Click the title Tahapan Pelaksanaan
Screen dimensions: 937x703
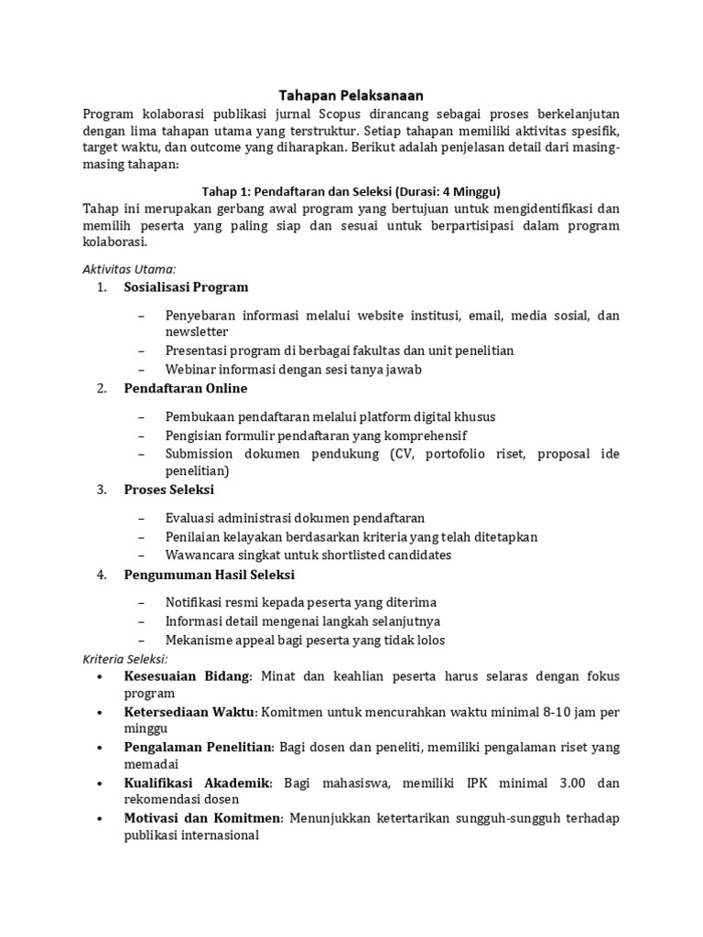(351, 94)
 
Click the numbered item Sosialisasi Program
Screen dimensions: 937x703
(186, 287)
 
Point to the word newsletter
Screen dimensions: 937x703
(197, 331)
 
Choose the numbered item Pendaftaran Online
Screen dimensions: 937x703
(186, 389)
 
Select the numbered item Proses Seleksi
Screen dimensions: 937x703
(168, 490)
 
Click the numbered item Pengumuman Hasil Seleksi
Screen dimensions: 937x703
(209, 575)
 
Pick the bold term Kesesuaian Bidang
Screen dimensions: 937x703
(187, 676)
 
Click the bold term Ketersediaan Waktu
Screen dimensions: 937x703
(189, 712)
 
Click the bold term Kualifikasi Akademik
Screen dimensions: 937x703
(198, 783)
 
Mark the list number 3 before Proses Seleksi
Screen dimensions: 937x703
(101, 490)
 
